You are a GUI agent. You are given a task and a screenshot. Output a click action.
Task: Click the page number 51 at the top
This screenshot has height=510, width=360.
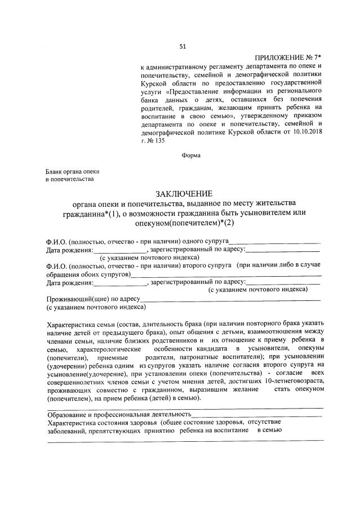(x=182, y=46)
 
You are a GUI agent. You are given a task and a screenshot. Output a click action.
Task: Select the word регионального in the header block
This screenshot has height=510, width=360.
(x=298, y=91)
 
